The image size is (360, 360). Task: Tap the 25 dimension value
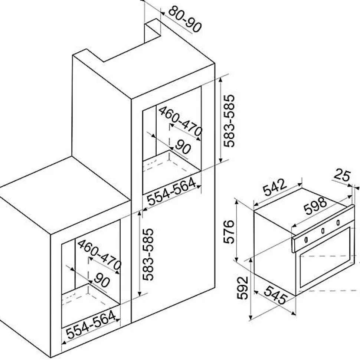[x=341, y=175]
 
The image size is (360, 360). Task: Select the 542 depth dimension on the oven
[x=275, y=188]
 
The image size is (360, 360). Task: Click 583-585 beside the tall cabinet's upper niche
[x=230, y=121]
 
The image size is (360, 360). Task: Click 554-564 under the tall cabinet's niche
[x=171, y=192]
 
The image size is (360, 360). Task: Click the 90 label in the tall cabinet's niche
[x=182, y=147]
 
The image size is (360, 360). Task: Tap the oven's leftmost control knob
[x=306, y=239]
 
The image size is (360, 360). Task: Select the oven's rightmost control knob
[x=338, y=223]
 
